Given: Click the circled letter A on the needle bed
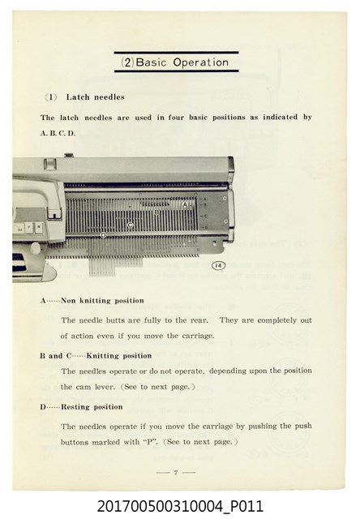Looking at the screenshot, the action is tap(185, 205).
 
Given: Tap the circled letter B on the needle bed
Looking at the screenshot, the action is tap(156, 212).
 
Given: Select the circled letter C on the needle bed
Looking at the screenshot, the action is tap(130, 225).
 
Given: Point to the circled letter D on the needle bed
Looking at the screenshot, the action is tap(103, 235).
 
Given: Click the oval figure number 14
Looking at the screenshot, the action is tap(218, 265).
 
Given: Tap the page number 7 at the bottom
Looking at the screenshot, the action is tap(176, 472).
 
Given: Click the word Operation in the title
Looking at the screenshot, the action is tap(201, 62).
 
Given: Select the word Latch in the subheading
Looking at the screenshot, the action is tap(78, 97).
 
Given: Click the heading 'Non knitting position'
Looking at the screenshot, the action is tap(103, 301).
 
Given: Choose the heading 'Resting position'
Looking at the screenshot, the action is tap(92, 407).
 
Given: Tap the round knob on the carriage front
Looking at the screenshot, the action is tap(36, 248).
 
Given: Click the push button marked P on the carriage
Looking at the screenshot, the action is tap(29, 227).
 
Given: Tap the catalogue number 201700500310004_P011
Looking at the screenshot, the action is tap(180, 506).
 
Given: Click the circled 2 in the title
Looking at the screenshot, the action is tap(127, 62).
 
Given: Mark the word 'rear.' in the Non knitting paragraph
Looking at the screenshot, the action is tap(199, 320).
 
